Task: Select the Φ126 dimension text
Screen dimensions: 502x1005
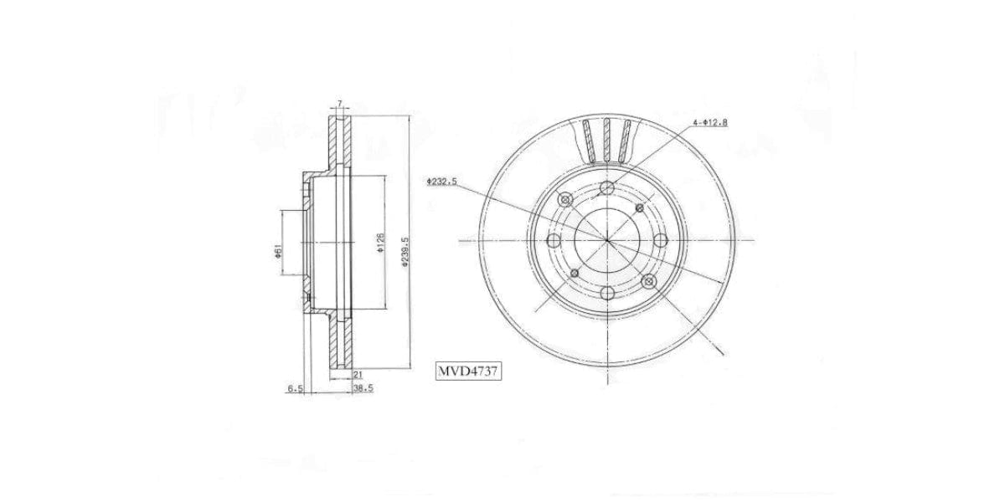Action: click(x=380, y=244)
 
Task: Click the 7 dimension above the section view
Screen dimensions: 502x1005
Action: click(x=339, y=104)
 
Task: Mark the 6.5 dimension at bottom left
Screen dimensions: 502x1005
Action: click(x=295, y=389)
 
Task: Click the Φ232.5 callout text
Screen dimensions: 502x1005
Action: click(x=441, y=181)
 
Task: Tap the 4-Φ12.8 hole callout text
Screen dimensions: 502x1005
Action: click(x=709, y=123)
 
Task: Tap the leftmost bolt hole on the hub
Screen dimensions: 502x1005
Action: click(x=554, y=241)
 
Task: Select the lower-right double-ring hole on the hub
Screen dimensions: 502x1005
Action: click(x=648, y=282)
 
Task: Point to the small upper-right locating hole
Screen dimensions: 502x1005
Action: click(x=640, y=207)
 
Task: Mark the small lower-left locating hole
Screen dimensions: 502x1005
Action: click(x=574, y=274)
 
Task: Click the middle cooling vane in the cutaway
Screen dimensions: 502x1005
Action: click(x=607, y=139)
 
